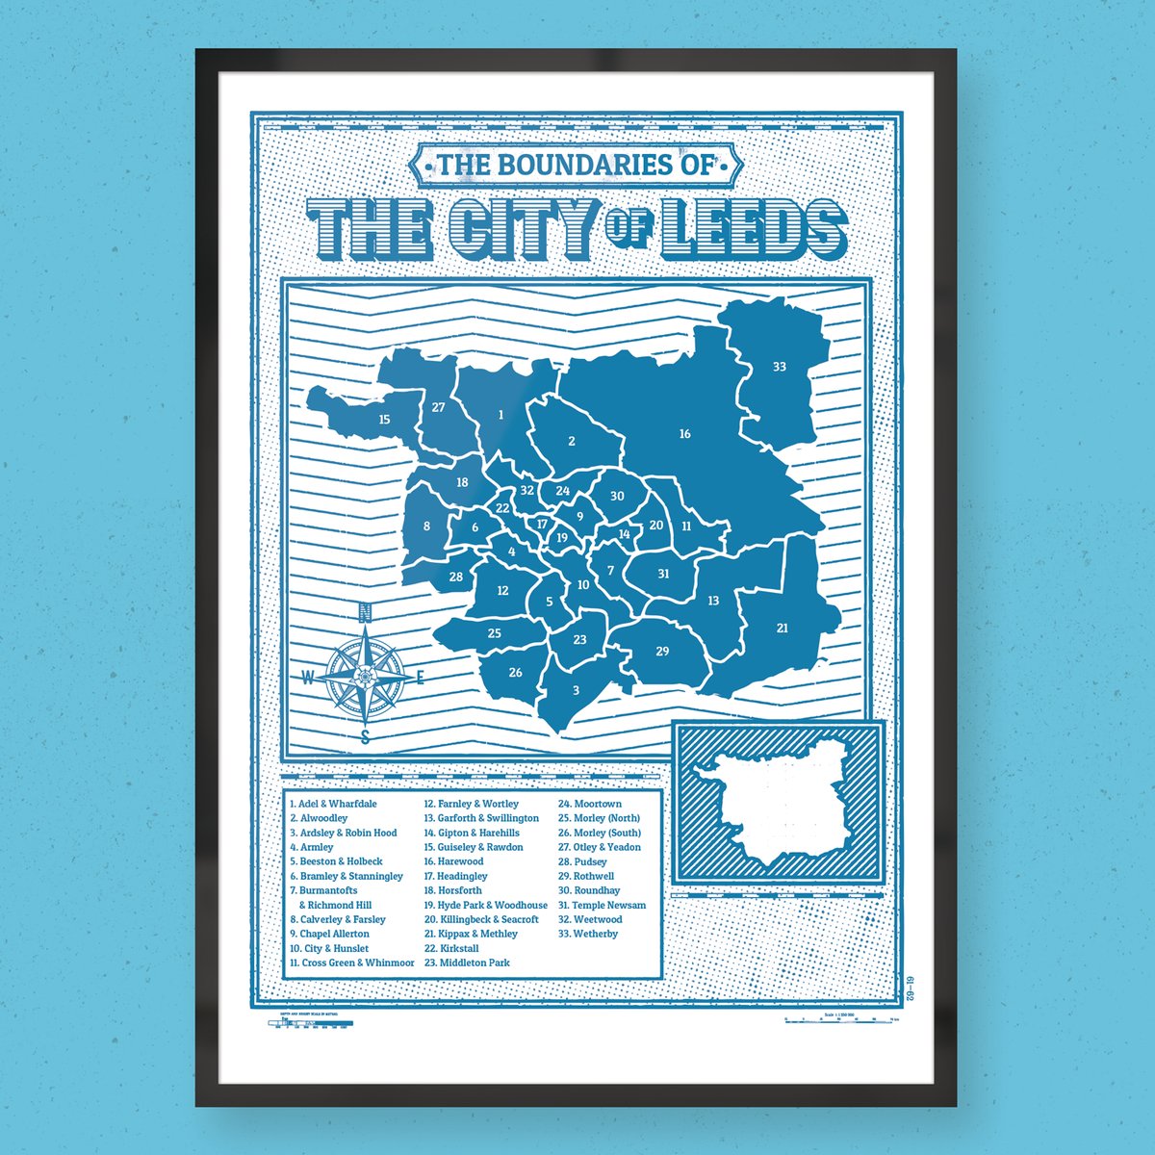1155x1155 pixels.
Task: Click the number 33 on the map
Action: (779, 367)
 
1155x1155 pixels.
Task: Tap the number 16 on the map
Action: (684, 434)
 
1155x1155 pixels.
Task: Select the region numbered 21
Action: (782, 629)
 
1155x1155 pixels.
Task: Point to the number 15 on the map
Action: (384, 419)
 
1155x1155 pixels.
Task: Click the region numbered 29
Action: (662, 652)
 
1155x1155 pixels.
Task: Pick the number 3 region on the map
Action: (576, 690)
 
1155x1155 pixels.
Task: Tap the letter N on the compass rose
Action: (365, 611)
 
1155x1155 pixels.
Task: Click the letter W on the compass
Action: (307, 678)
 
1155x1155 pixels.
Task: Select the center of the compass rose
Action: (365, 677)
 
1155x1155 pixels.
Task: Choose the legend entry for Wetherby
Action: (588, 934)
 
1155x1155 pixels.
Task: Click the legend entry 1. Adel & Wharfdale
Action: (333, 804)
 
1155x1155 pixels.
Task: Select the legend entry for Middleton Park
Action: (467, 962)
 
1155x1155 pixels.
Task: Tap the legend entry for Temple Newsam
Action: (602, 905)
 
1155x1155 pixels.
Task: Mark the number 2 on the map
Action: (571, 442)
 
